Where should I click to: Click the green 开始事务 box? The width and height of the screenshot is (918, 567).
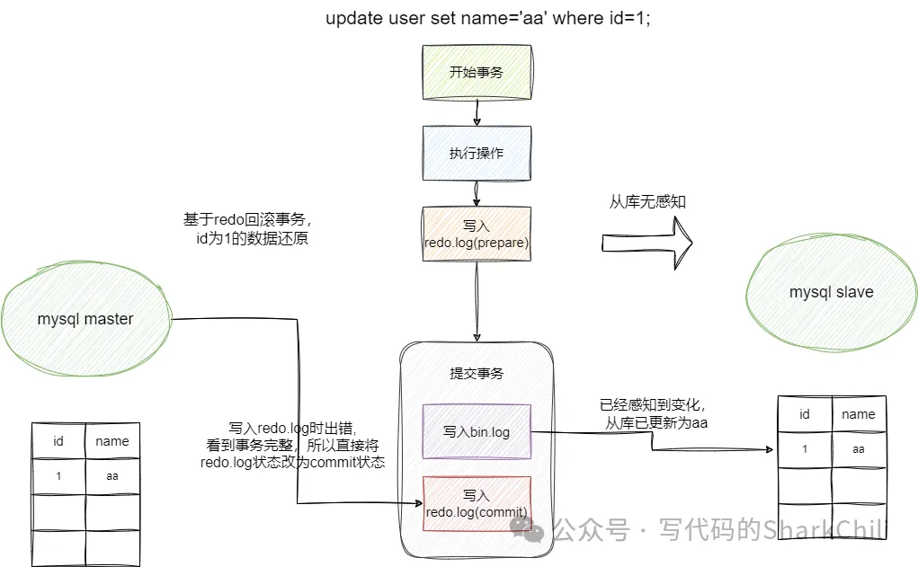477,72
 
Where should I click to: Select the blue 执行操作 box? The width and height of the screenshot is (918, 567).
477,153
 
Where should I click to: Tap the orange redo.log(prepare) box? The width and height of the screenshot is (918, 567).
477,234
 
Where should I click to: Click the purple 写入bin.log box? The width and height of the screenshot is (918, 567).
477,431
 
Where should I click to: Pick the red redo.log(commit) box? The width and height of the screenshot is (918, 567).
477,503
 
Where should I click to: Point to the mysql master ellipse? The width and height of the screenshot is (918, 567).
85,319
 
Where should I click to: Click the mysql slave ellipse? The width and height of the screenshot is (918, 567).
831,292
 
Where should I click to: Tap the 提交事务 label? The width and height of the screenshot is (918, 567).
477,373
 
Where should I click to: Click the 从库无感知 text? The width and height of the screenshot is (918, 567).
647,201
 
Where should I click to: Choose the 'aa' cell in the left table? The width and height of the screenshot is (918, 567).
112,476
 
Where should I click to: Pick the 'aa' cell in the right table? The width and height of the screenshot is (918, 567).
858,448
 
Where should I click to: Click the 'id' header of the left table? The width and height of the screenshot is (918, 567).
58,441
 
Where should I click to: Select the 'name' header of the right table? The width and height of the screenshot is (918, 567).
858,414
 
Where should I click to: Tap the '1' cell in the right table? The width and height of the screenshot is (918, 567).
804,448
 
